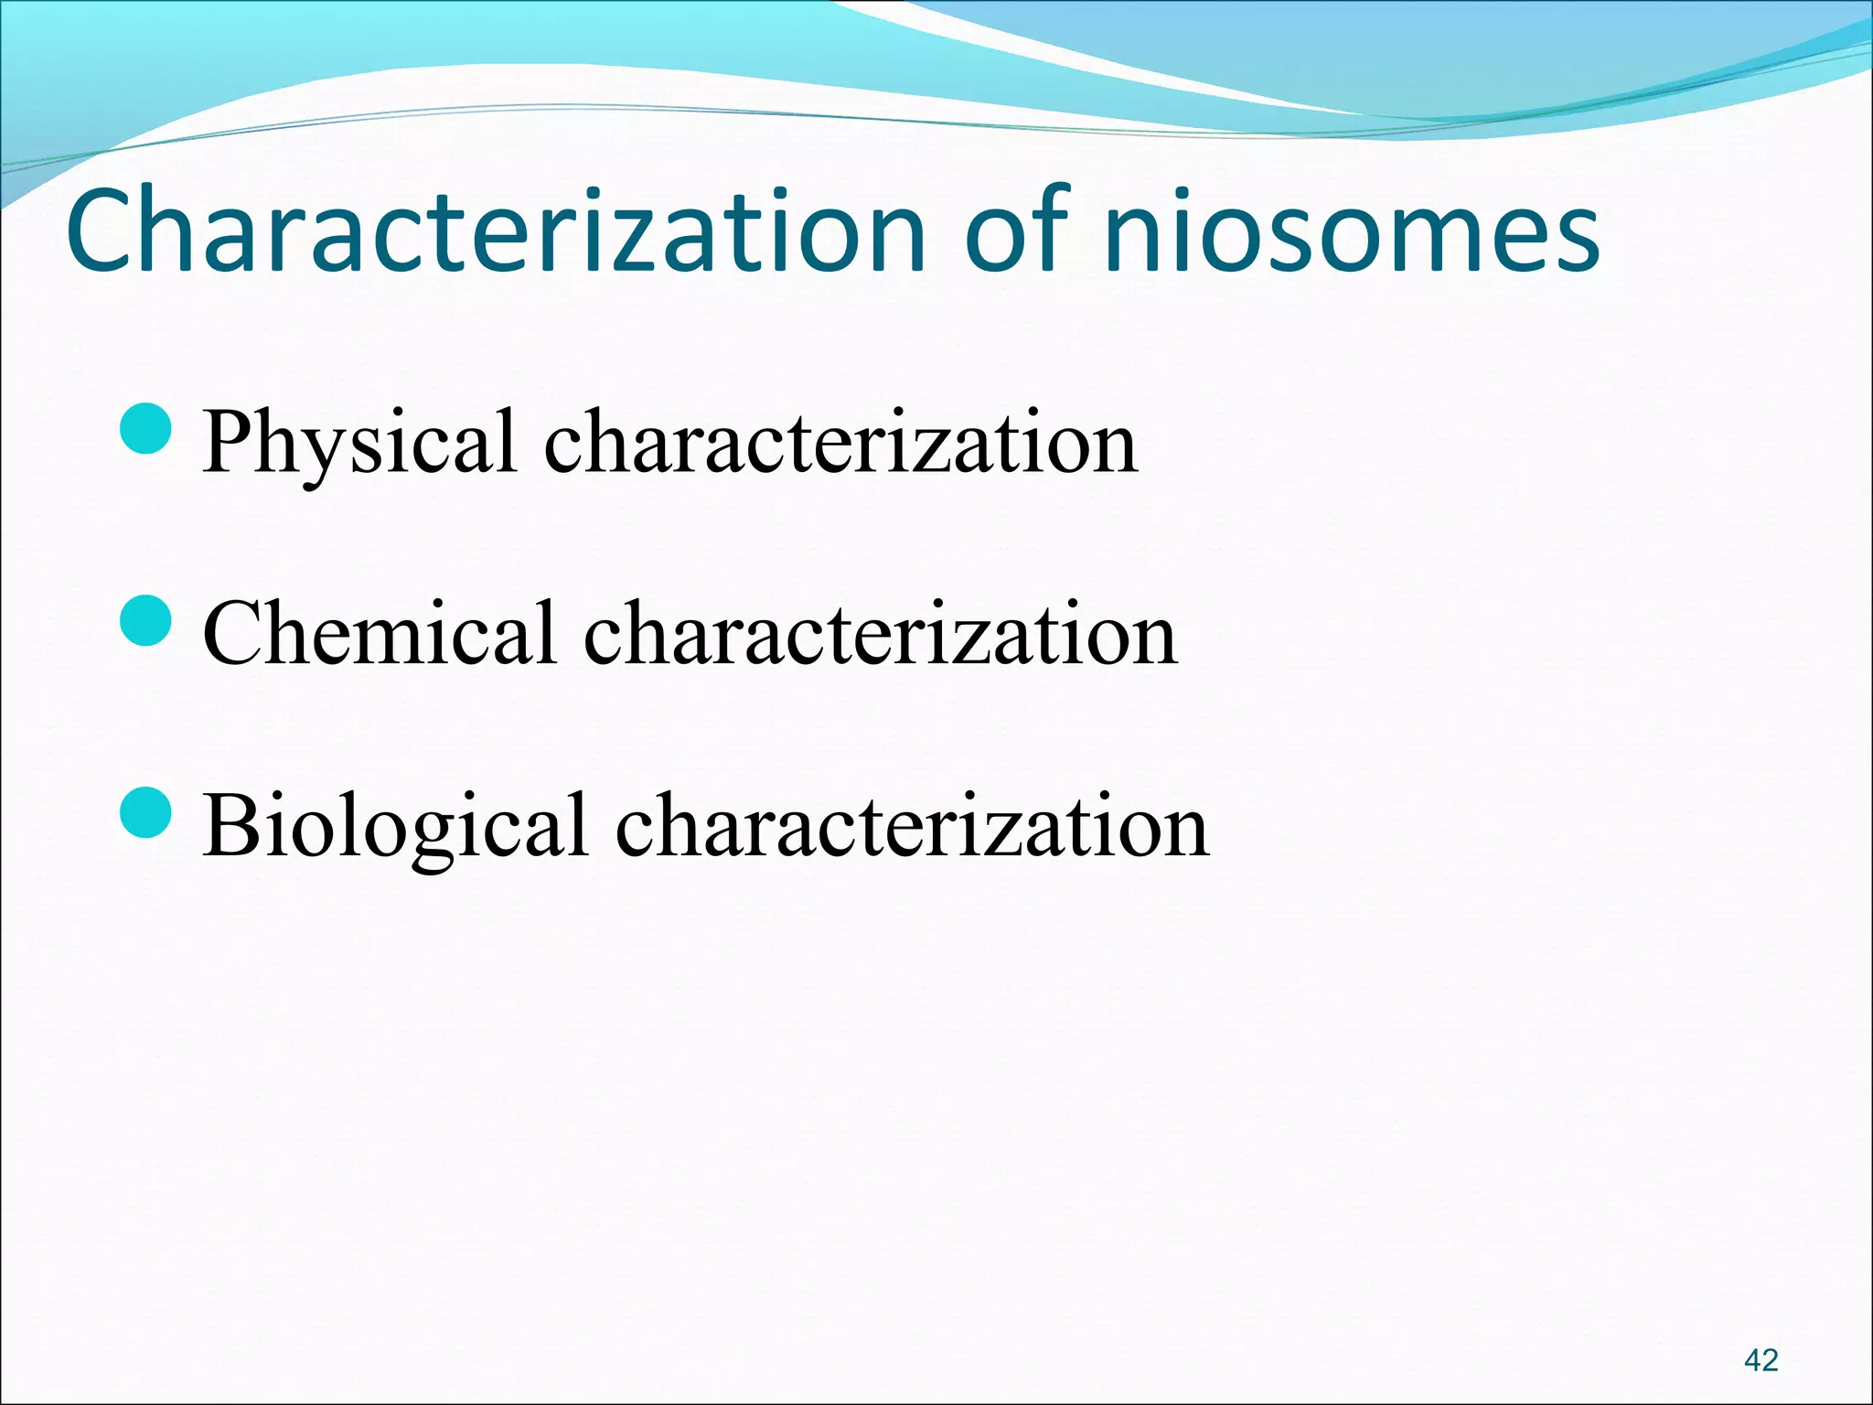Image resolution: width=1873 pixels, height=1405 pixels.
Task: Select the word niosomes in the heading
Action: click(x=1352, y=233)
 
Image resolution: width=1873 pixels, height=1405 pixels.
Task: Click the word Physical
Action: click(x=359, y=443)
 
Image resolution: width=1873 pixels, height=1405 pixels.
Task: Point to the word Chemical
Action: click(x=380, y=634)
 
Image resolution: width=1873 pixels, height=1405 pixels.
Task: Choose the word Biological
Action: click(x=395, y=826)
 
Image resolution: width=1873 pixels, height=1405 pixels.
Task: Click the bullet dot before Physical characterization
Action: click(x=146, y=430)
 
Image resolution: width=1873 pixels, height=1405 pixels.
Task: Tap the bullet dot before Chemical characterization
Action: click(x=146, y=621)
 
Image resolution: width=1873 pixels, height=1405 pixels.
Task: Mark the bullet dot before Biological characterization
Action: click(x=146, y=813)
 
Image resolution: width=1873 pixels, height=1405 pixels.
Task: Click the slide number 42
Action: click(x=1761, y=1360)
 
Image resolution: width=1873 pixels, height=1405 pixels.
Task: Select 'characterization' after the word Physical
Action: click(x=840, y=443)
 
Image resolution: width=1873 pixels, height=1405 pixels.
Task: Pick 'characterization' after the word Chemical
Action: click(x=881, y=634)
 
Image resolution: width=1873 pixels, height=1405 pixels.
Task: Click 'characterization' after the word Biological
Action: click(x=912, y=826)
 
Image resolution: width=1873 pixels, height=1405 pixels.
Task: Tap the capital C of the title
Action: click(x=100, y=231)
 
